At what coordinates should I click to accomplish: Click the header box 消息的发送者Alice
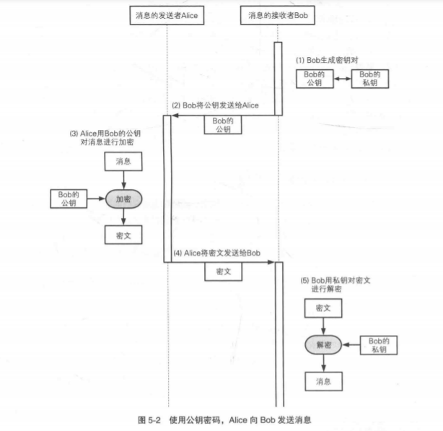[x=167, y=14]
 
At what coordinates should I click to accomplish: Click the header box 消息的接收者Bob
[x=277, y=14]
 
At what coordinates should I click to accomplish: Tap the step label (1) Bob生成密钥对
[x=328, y=59]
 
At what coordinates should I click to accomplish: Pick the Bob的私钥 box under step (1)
[x=369, y=79]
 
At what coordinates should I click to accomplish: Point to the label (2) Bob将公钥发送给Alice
[x=215, y=106]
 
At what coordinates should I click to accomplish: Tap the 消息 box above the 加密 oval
[x=123, y=162]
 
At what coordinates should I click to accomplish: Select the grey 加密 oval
[x=123, y=198]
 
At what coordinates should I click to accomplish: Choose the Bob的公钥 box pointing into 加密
[x=68, y=198]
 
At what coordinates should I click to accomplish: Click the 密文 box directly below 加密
[x=123, y=235]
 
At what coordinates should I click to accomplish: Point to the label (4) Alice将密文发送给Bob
[x=216, y=253]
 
